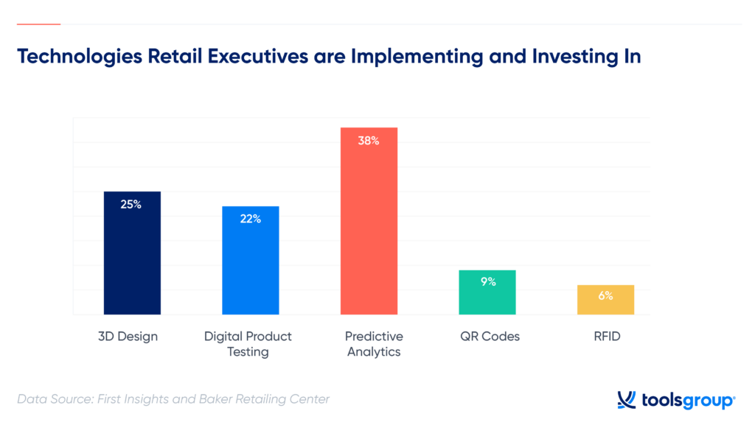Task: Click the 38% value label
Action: point(369,140)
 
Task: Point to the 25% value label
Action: point(131,204)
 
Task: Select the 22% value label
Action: point(251,219)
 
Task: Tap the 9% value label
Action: point(487,281)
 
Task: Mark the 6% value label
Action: point(605,295)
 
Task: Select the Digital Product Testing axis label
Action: point(248,344)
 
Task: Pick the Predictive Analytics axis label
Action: point(374,344)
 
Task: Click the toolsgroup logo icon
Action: point(626,400)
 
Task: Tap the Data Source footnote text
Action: point(173,399)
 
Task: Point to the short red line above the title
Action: point(38,24)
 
